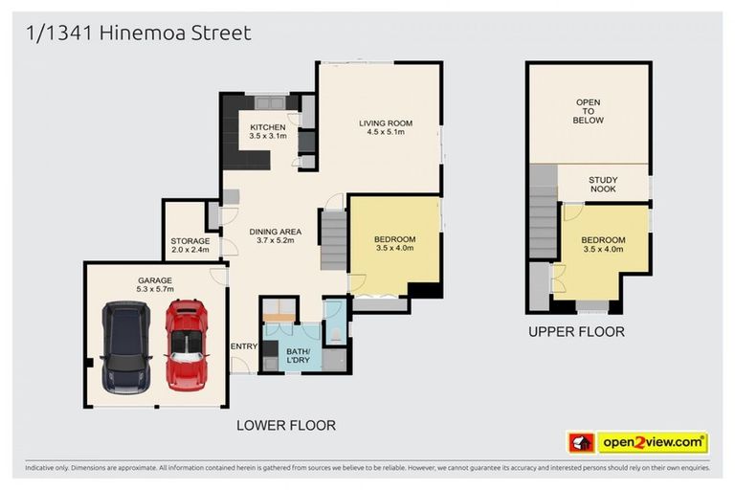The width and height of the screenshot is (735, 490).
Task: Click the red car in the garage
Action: [x=187, y=345]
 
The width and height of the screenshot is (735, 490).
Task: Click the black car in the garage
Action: [x=126, y=348]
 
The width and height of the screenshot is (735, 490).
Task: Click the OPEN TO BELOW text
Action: [x=589, y=111]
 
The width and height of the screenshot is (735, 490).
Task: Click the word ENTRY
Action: [x=243, y=345]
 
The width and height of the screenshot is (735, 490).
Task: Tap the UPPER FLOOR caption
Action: [x=576, y=332]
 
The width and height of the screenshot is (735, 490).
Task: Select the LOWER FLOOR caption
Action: [x=286, y=425]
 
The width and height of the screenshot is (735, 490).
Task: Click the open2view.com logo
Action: [x=653, y=442]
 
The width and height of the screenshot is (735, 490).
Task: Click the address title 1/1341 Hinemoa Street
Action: [x=138, y=33]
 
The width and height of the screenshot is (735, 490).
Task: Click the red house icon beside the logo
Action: [x=581, y=442]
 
